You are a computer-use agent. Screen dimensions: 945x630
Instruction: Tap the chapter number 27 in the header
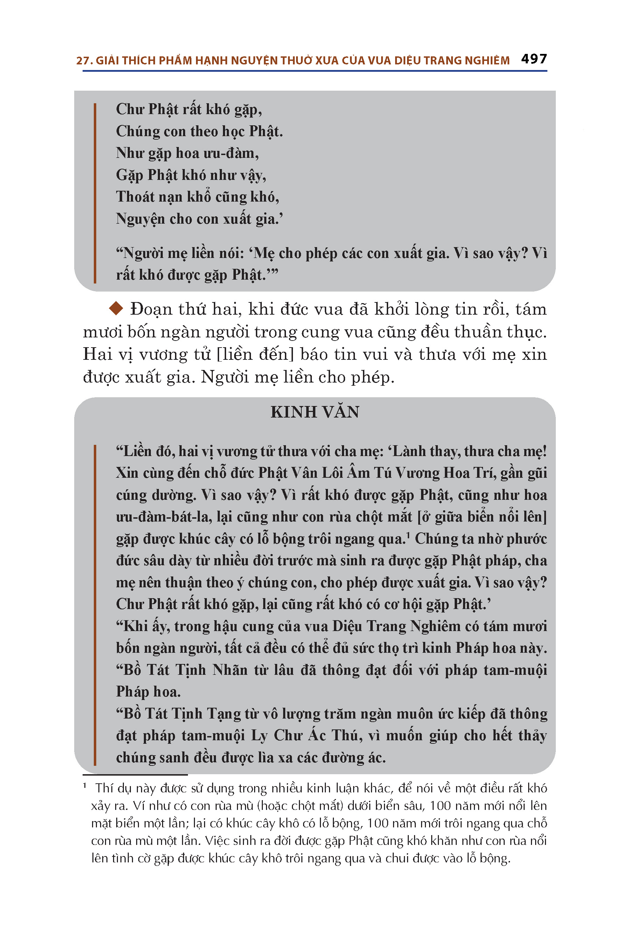pos(82,61)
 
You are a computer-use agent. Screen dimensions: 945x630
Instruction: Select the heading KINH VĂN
pos(315,412)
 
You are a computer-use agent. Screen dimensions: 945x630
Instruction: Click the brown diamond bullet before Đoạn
pos(116,309)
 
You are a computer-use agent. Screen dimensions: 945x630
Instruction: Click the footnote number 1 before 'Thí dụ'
pos(85,785)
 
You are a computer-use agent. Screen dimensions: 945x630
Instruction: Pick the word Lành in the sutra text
pos(409,451)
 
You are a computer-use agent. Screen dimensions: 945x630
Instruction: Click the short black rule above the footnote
pos(135,774)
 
